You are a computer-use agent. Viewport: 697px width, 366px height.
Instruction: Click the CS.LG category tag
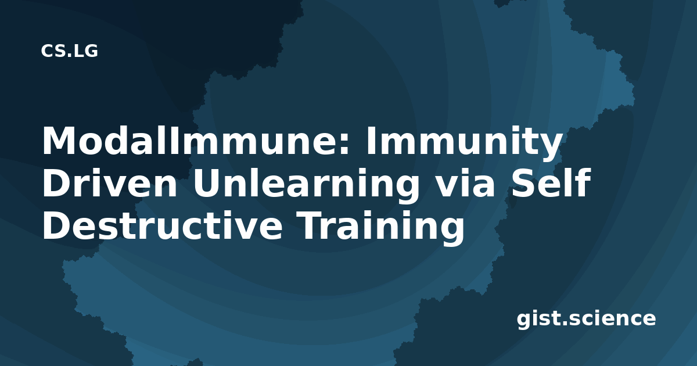pyautogui.click(x=69, y=51)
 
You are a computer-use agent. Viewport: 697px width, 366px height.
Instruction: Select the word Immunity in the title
pyautogui.click(x=464, y=143)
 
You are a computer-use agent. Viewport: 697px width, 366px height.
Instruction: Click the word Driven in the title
pyautogui.click(x=110, y=183)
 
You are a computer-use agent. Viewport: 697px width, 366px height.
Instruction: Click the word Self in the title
pyautogui.click(x=551, y=182)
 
